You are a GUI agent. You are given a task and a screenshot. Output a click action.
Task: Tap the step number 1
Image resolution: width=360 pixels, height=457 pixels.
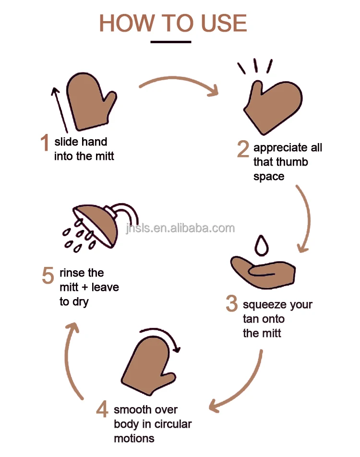(45, 143)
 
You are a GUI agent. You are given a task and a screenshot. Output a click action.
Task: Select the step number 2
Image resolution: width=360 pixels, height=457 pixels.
(243, 149)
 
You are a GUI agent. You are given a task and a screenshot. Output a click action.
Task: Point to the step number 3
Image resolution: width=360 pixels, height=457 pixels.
(232, 303)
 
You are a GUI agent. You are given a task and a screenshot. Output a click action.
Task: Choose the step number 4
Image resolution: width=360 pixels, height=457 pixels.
(102, 409)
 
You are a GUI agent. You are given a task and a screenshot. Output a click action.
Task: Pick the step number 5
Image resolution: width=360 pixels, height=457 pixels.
(48, 276)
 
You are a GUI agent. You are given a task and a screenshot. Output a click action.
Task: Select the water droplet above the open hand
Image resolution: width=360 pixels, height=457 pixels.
(261, 245)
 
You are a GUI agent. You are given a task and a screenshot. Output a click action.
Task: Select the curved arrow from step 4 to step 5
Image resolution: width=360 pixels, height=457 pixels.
(71, 360)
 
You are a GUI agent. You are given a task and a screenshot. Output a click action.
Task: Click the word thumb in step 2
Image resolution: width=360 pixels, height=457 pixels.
(290, 162)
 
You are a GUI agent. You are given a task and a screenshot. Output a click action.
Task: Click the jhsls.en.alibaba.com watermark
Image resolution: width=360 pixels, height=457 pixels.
(180, 228)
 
